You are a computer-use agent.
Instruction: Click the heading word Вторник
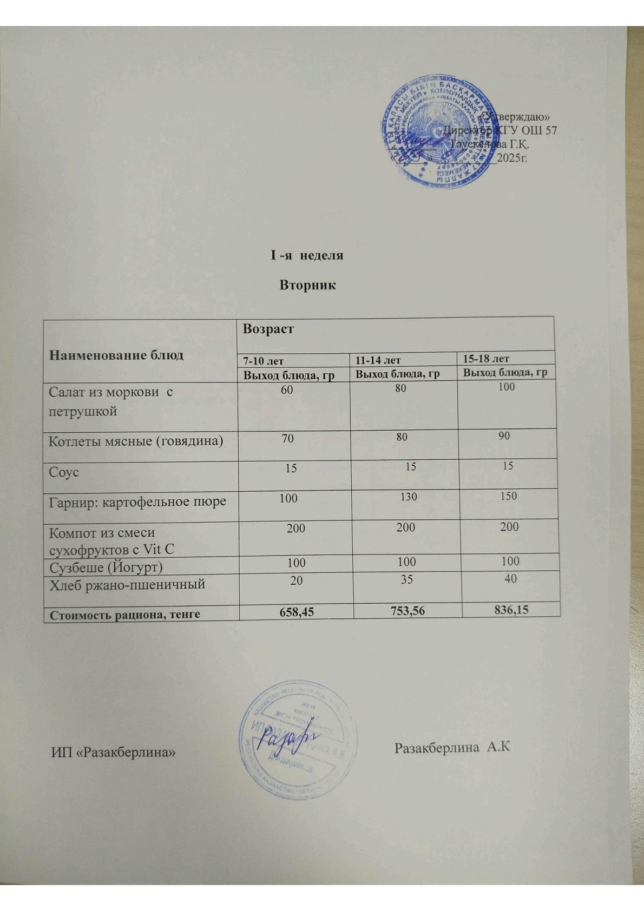point(307,285)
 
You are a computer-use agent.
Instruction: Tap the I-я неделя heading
point(307,255)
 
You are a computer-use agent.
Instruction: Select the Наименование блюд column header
point(116,355)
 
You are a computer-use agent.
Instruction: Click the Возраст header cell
point(268,328)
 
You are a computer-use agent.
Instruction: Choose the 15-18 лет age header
point(487,358)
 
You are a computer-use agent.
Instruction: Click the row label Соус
point(64,472)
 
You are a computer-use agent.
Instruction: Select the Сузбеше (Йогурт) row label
point(106,567)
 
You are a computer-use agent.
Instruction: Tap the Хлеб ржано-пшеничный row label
point(127,584)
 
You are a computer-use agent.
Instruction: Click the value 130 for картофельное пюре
point(409,496)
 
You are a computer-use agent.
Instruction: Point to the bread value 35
point(406,579)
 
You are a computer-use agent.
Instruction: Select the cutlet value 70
point(287,438)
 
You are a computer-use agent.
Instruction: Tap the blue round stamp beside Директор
point(433,138)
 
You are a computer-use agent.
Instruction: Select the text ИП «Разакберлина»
point(114,751)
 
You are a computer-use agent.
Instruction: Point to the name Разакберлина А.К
point(452,748)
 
